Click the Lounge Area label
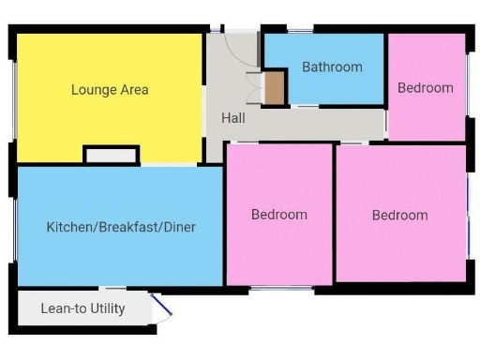pos(110,90)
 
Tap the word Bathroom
pos(332,67)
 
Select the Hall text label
pos(233,118)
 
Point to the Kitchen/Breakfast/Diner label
pos(121,227)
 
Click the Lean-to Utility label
pos(82,307)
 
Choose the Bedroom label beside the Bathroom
pos(425,88)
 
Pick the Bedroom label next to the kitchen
pos(278,215)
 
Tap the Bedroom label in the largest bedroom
pos(399,215)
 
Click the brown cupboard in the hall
pos(273,88)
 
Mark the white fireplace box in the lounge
pos(112,156)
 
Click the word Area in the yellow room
pos(134,90)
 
